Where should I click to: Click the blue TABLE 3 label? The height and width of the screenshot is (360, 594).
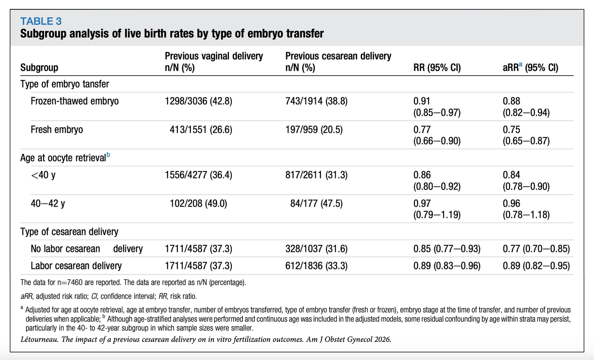click(41, 21)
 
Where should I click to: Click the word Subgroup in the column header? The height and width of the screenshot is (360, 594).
click(39, 68)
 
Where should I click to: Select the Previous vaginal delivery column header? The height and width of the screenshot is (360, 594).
click(214, 62)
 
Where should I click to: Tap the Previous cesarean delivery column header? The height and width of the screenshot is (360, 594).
click(338, 62)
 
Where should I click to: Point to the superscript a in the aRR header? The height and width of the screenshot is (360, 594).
click(521, 65)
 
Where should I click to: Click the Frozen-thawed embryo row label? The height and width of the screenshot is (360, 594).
click(74, 101)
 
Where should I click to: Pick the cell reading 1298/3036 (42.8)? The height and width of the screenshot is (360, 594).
click(198, 101)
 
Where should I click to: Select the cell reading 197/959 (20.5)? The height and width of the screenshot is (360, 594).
click(314, 130)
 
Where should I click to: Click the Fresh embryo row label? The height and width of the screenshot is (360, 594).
click(57, 130)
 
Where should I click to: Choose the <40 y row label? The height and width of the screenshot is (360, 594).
click(43, 175)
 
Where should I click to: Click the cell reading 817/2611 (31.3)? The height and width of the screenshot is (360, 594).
click(316, 175)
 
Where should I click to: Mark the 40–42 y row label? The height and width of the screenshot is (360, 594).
click(48, 203)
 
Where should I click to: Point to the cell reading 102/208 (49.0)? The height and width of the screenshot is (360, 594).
click(198, 203)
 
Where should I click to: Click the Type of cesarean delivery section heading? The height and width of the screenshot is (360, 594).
click(69, 232)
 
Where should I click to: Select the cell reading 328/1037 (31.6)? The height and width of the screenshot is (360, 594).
click(316, 249)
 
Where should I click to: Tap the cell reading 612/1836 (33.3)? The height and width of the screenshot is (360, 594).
click(316, 266)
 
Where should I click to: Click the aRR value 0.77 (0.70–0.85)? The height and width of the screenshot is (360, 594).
click(536, 249)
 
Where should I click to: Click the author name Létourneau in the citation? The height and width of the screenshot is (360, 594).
click(39, 340)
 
